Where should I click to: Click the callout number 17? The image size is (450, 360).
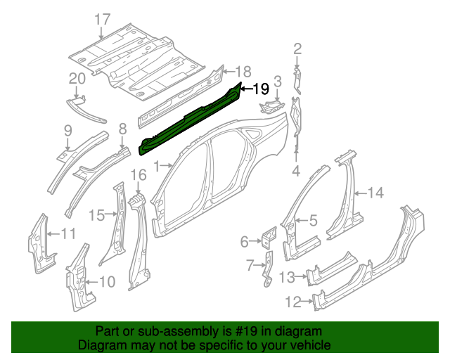(x=103, y=20)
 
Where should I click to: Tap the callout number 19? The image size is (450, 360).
(x=260, y=89)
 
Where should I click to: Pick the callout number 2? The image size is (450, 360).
(x=297, y=49)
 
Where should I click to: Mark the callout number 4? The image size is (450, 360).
(x=296, y=170)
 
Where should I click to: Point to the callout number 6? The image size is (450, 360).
(x=245, y=242)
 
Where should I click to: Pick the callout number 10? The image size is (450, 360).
(x=107, y=282)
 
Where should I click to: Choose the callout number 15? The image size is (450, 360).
(x=96, y=215)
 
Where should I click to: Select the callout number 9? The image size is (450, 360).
(x=68, y=129)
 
